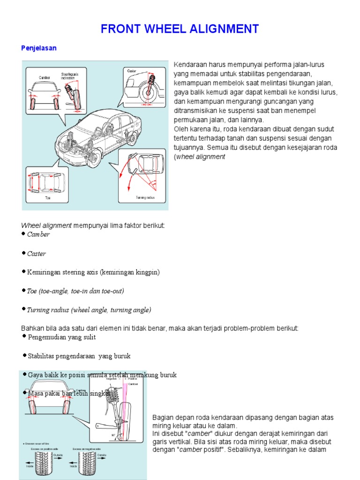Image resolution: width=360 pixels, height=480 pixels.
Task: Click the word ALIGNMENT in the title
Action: pos(225,29)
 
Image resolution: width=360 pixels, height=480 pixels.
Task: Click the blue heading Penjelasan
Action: pos(39,48)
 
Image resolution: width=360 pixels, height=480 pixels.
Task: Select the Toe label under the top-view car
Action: pos(48,198)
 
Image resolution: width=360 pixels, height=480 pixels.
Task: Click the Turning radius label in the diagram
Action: pos(145,198)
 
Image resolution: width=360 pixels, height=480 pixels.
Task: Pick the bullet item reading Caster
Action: pos(37,254)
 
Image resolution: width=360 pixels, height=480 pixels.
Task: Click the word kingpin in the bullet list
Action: pos(149,272)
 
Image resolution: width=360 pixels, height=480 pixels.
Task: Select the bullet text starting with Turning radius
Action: pos(89,310)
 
